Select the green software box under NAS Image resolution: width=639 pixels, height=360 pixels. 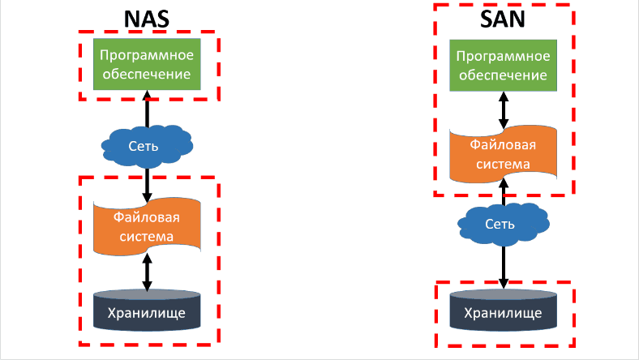coord(147,65)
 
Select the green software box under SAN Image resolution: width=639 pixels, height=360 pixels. coord(504,66)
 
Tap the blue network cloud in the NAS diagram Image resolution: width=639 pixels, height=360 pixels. coord(147,147)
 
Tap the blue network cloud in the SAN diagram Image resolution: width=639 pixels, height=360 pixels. coord(504,222)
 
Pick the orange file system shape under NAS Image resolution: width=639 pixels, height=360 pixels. coord(147,225)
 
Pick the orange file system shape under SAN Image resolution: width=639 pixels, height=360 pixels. coord(504,152)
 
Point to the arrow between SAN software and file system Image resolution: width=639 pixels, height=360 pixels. coord(504,107)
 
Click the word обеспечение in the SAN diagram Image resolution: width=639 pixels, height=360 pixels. coord(504,75)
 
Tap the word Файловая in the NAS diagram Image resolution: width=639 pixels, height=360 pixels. coord(147,217)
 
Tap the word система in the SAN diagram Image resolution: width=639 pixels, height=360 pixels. coord(504,164)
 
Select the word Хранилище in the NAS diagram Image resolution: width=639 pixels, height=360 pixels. coord(147,313)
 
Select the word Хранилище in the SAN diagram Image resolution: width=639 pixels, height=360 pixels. coord(504,313)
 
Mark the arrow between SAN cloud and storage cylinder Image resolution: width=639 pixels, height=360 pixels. coord(504,264)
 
